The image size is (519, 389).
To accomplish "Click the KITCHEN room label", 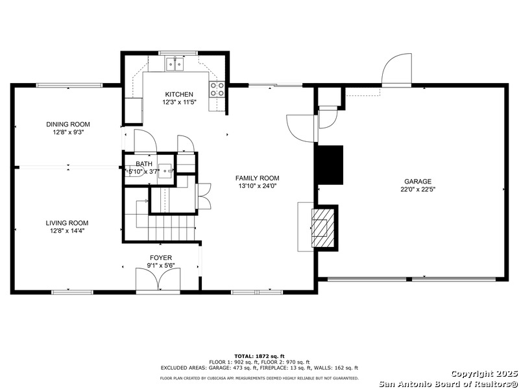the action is point(179,95).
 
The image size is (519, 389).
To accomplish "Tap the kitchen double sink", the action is point(175,64).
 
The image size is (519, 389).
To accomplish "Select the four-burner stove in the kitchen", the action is point(217,89).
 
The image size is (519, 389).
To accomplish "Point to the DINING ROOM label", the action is point(68,124).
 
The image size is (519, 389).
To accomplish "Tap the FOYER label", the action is point(161,257).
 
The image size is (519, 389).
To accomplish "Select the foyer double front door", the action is point(158,280).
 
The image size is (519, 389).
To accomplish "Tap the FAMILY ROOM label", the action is point(257,178).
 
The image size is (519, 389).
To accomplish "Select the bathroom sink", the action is point(165,171).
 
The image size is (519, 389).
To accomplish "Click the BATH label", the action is point(144,163).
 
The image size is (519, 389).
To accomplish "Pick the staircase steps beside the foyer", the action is point(171,228).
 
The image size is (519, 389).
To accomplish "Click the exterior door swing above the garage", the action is point(396,70).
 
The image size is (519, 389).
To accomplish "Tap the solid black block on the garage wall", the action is point(330,165).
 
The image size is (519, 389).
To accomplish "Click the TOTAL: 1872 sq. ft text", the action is point(259,356).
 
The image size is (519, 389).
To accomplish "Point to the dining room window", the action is point(69,86).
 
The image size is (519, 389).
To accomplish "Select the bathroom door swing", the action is point(145,141).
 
